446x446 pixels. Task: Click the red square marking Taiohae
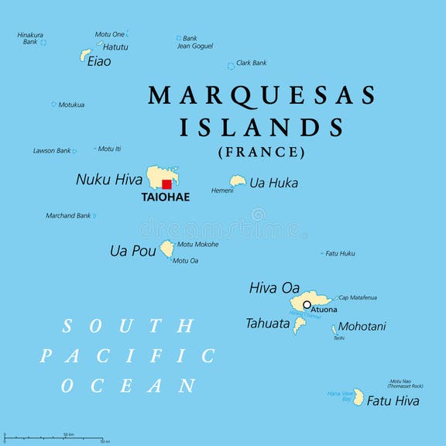166,184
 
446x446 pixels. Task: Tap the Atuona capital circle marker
307,305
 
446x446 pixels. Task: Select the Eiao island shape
86,55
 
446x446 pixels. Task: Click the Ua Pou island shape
166,249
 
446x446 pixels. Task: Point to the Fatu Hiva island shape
359,397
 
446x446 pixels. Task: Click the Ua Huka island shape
238,181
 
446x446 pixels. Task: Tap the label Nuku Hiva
109,180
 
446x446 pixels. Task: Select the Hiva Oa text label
274,288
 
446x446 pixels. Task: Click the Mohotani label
362,326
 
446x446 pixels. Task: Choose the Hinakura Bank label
30,38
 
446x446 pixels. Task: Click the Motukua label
71,105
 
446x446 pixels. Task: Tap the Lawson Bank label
51,150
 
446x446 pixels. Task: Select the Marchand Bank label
68,215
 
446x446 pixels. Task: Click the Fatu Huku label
340,253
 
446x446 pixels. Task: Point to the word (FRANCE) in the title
261,152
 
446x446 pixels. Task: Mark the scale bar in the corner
54,438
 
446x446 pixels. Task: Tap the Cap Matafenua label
358,297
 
